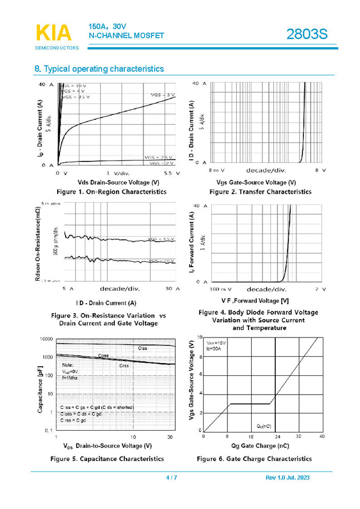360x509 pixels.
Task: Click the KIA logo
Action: [x=54, y=33]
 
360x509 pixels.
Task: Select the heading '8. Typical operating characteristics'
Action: [x=99, y=69]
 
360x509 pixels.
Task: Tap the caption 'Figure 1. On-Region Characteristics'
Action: [x=111, y=191]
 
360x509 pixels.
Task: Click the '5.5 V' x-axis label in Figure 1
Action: [x=167, y=173]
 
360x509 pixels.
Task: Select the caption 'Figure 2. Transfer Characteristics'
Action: [x=260, y=191]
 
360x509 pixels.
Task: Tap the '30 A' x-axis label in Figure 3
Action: [x=173, y=289]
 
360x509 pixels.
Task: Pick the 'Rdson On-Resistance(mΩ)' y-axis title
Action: [x=38, y=242]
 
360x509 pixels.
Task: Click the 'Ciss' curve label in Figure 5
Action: [x=143, y=347]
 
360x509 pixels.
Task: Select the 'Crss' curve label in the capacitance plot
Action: [x=124, y=366]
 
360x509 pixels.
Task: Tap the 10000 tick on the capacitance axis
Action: [x=45, y=339]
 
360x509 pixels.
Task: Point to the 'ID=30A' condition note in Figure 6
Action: [x=213, y=350]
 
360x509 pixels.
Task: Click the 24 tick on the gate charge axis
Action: [x=277, y=437]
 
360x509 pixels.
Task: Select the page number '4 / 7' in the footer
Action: [x=171, y=478]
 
